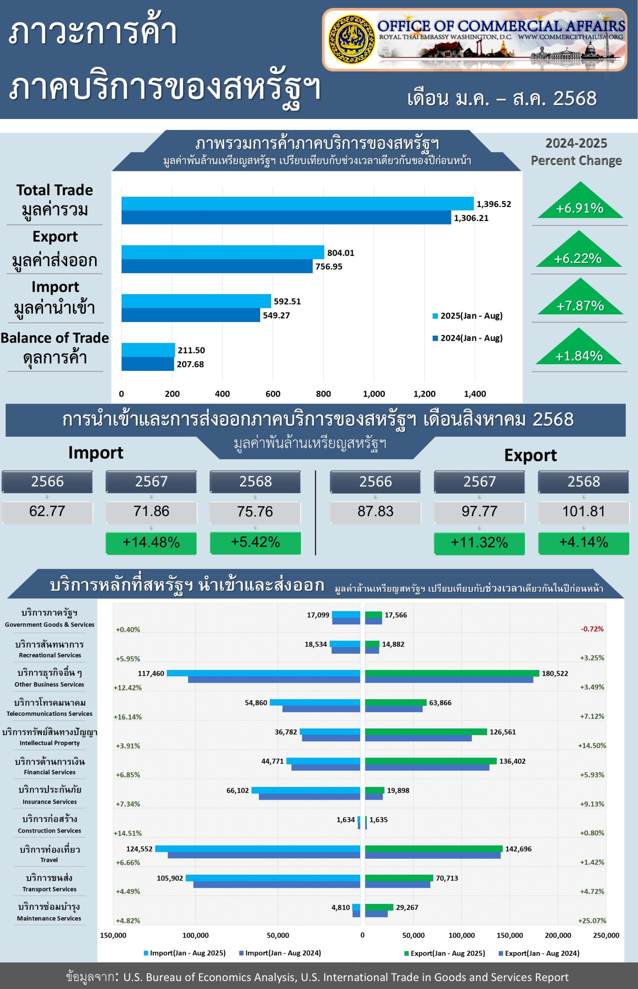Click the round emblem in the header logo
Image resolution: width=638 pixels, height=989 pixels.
(351, 39)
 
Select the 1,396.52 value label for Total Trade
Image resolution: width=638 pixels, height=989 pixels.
(494, 204)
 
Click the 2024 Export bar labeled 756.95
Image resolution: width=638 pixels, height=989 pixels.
(217, 266)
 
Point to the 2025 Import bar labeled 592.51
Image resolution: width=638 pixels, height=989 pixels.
(196, 301)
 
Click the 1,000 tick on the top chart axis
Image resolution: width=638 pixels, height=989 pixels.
(374, 394)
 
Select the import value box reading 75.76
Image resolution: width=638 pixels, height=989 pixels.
(255, 512)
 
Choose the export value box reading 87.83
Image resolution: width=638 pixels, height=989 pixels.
(375, 511)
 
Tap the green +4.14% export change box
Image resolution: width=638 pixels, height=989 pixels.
(583, 542)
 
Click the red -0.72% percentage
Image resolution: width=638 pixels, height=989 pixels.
(592, 629)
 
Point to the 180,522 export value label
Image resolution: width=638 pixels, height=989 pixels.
(555, 674)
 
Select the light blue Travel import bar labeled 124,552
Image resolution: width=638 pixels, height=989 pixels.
(257, 848)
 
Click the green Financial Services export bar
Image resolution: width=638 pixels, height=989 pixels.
(431, 761)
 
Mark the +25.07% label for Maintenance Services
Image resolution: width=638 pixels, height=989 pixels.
(592, 921)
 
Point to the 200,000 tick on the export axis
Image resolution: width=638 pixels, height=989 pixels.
(558, 935)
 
